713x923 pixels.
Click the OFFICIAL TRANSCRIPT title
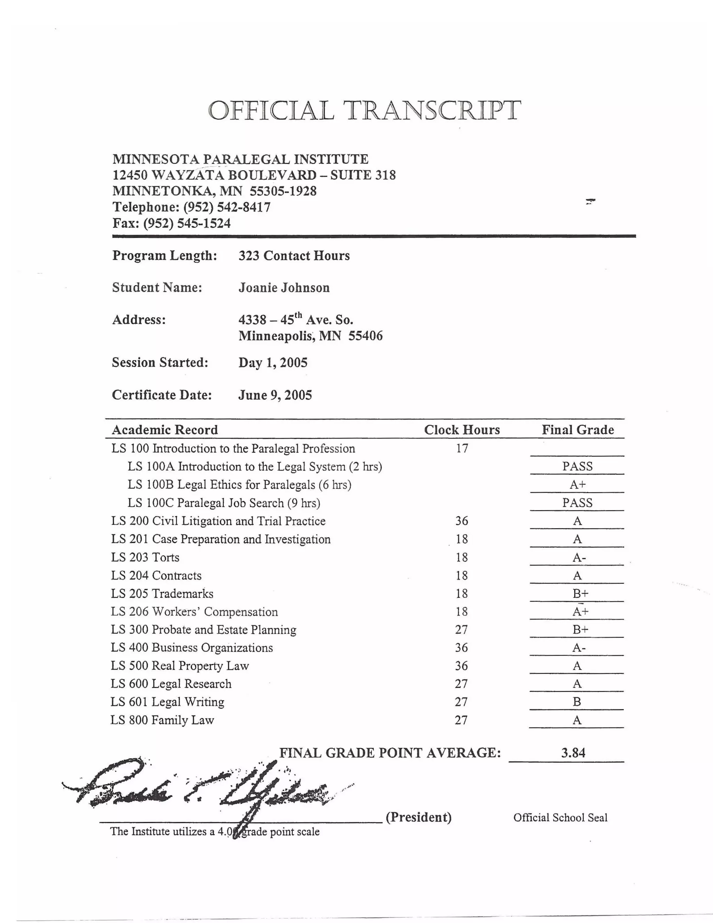click(364, 110)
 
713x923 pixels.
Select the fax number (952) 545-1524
click(187, 223)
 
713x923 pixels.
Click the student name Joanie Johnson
click(284, 288)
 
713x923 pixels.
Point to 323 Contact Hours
click(294, 256)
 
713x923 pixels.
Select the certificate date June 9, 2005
click(275, 395)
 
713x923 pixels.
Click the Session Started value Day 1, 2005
click(273, 363)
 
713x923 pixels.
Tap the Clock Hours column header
click(462, 430)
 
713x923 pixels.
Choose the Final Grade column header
click(578, 430)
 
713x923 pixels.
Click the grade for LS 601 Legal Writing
click(577, 702)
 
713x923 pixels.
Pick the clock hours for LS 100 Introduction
click(462, 448)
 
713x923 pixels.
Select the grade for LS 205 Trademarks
click(580, 594)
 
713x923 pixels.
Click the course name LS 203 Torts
click(145, 557)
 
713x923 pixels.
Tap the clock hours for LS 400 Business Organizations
click(461, 648)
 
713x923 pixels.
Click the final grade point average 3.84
click(573, 753)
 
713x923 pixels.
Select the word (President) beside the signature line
click(418, 817)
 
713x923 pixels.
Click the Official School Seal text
click(560, 817)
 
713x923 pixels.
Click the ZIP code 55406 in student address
click(365, 336)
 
